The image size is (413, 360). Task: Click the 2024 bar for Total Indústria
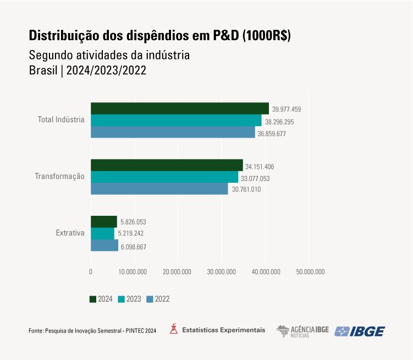180,108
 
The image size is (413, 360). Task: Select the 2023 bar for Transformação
164,177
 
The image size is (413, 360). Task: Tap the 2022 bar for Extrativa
104,246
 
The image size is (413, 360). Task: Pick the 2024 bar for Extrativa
104,222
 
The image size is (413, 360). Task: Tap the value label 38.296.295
279,122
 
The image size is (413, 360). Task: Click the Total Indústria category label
61,119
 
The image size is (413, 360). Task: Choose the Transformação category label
60,177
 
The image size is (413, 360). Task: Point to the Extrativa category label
70,233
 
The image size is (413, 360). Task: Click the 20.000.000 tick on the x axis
178,271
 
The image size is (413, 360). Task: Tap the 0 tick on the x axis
91,271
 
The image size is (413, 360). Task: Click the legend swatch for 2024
93,299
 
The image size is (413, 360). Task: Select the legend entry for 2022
158,299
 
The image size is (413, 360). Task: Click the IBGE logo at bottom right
360,331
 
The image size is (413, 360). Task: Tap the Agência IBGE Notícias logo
302,331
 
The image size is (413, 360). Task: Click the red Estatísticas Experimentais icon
174,330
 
